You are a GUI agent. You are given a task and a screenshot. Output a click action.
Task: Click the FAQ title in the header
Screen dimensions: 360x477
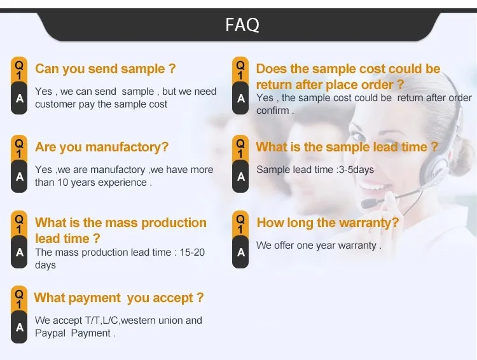click(x=242, y=25)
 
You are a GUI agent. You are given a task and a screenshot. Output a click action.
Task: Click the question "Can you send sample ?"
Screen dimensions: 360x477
click(x=105, y=69)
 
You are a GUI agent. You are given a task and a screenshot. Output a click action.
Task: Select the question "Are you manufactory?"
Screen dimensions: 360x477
click(x=102, y=147)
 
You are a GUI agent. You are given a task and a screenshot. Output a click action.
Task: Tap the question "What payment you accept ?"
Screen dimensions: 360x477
click(x=119, y=298)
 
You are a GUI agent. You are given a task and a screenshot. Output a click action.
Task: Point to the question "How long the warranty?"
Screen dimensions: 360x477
click(x=328, y=222)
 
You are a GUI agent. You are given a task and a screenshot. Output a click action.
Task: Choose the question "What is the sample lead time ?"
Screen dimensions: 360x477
click(x=347, y=147)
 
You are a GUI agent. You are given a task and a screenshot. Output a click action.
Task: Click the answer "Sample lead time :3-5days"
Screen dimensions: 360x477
click(x=315, y=170)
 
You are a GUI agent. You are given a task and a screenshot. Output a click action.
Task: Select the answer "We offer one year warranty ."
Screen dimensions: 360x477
click(x=319, y=245)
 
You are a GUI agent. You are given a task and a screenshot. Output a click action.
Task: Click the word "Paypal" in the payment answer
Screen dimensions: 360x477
click(x=50, y=333)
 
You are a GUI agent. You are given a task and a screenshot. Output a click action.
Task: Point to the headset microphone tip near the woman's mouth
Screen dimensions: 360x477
click(x=368, y=204)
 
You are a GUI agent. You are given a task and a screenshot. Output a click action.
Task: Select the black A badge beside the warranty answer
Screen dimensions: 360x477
click(x=240, y=253)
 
